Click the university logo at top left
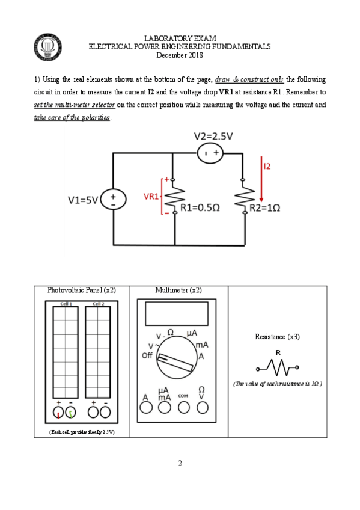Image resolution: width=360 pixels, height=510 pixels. click(x=47, y=47)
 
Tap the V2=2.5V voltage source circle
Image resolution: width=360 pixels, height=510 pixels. click(x=209, y=154)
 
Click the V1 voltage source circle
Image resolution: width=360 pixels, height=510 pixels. click(x=113, y=200)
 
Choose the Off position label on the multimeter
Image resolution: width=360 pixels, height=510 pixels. click(x=147, y=355)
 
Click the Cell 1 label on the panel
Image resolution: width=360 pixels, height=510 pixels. click(x=66, y=304)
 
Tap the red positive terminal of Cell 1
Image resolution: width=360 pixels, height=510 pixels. click(x=59, y=413)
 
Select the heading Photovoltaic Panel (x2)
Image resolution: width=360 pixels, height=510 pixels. click(x=82, y=290)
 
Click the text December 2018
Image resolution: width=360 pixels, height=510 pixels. click(x=180, y=55)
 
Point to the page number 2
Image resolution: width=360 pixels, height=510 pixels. click(x=180, y=463)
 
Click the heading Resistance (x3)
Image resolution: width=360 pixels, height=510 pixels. click(x=277, y=337)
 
